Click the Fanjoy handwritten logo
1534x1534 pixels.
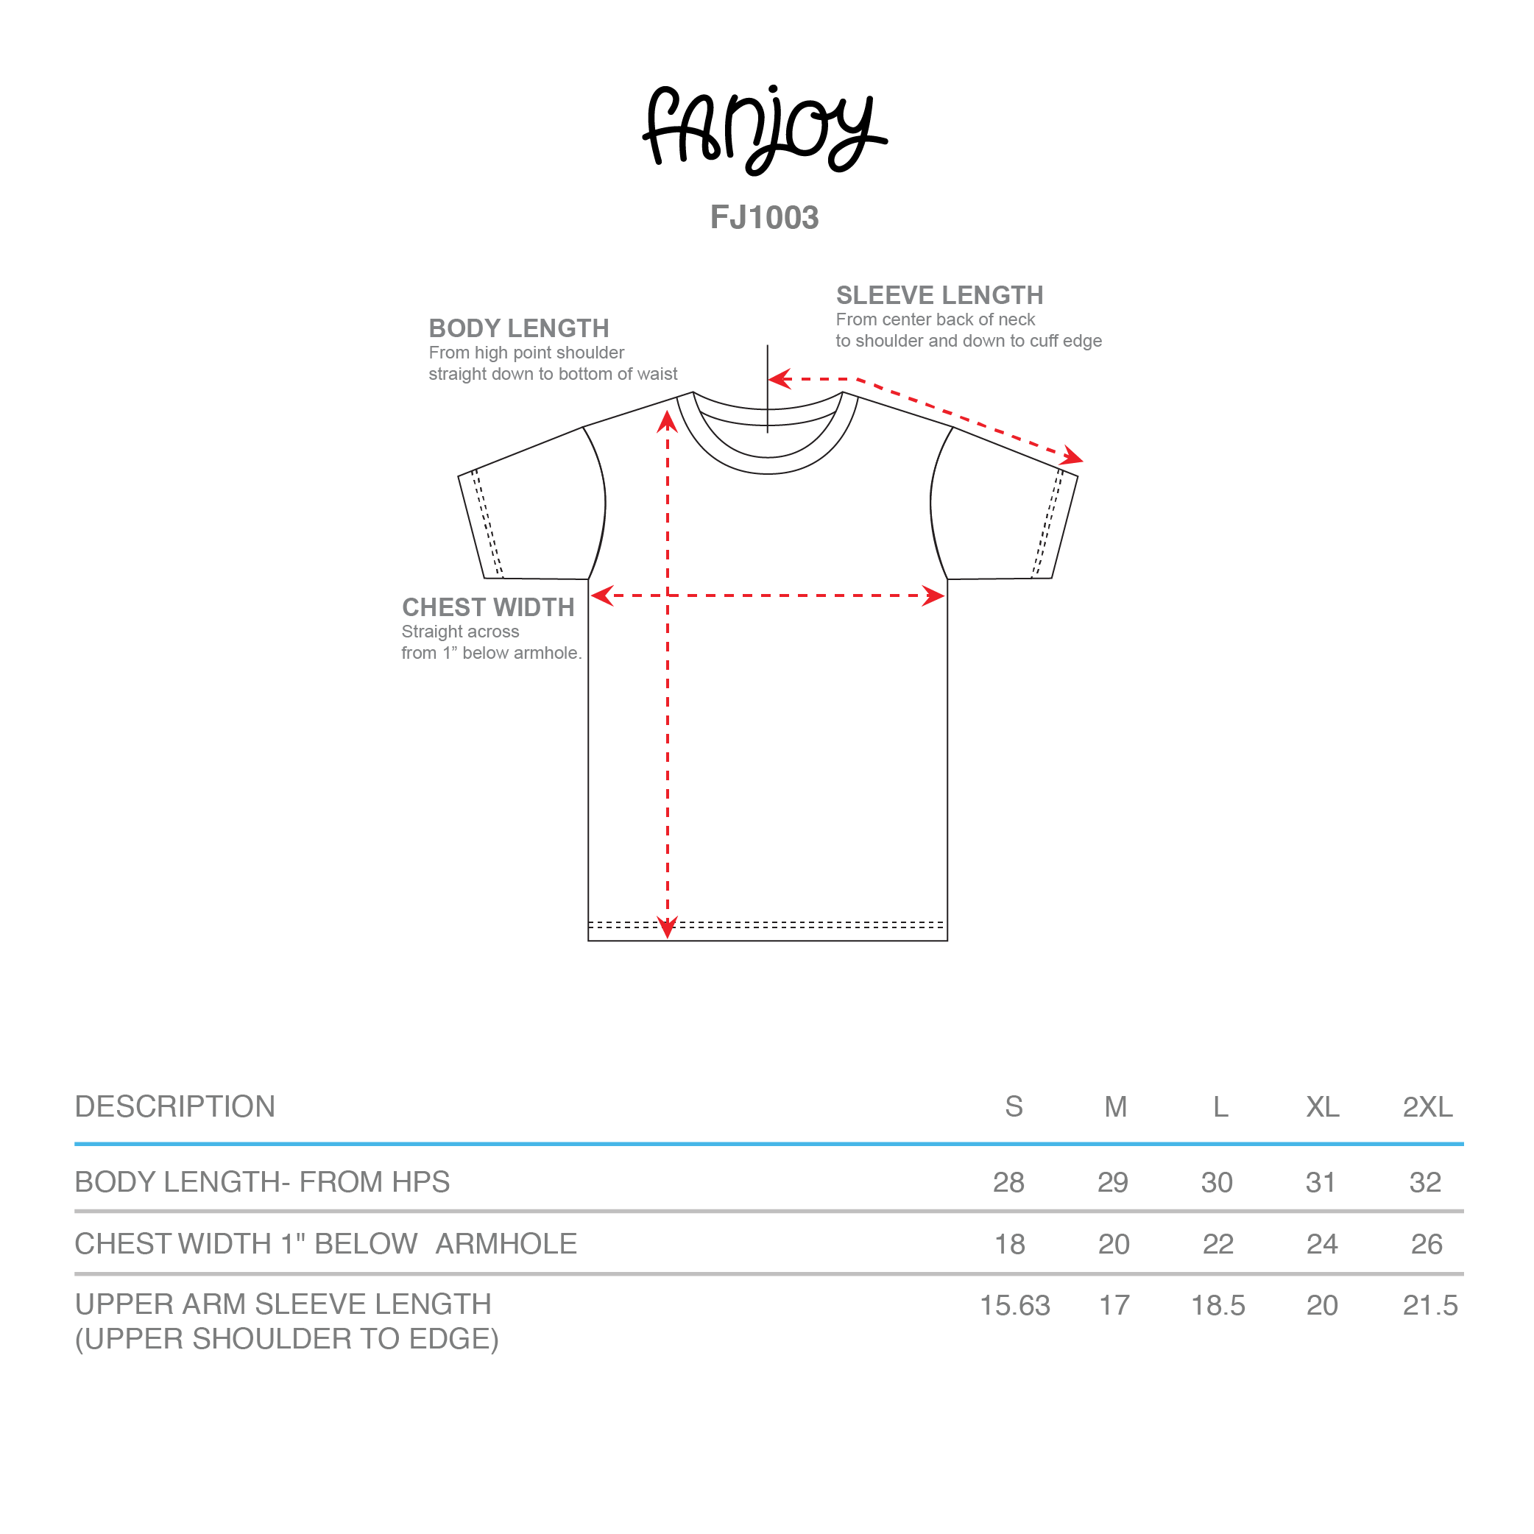(x=765, y=130)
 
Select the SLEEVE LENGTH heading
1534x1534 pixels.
(x=939, y=295)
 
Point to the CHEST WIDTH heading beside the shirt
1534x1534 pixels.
(x=488, y=607)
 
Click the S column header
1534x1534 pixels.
(x=1014, y=1107)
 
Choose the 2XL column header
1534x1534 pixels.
(x=1427, y=1107)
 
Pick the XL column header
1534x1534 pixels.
(x=1323, y=1107)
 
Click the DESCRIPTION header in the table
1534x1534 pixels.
(x=174, y=1107)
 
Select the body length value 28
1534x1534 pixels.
(x=1009, y=1182)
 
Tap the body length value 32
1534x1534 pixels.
(x=1425, y=1182)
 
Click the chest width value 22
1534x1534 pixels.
(x=1218, y=1244)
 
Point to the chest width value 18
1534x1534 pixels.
(x=1010, y=1244)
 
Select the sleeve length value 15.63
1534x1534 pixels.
(x=1015, y=1306)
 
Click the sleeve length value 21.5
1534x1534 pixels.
(x=1430, y=1306)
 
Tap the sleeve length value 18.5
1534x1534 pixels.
(x=1218, y=1306)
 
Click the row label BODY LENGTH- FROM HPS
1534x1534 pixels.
(x=262, y=1182)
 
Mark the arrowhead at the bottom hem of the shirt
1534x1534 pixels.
(x=668, y=927)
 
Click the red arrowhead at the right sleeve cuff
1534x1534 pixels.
(x=1072, y=456)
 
